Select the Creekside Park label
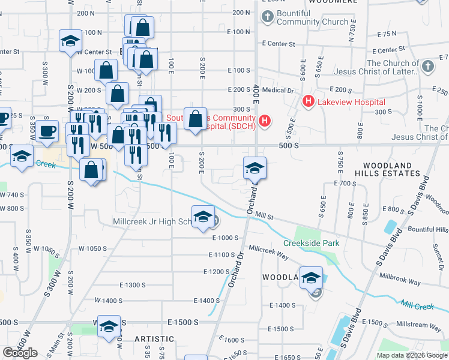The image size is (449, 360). [312, 243]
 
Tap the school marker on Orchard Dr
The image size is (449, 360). [255, 169]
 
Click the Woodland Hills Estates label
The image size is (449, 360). [387, 169]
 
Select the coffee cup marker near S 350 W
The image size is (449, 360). [47, 131]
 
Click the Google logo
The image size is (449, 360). [20, 353]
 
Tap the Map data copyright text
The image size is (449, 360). [412, 355]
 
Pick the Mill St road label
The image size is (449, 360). [264, 214]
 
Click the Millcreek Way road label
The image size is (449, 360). [269, 248]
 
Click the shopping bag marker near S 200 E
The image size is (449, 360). [196, 119]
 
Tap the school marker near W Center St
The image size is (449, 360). [70, 42]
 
